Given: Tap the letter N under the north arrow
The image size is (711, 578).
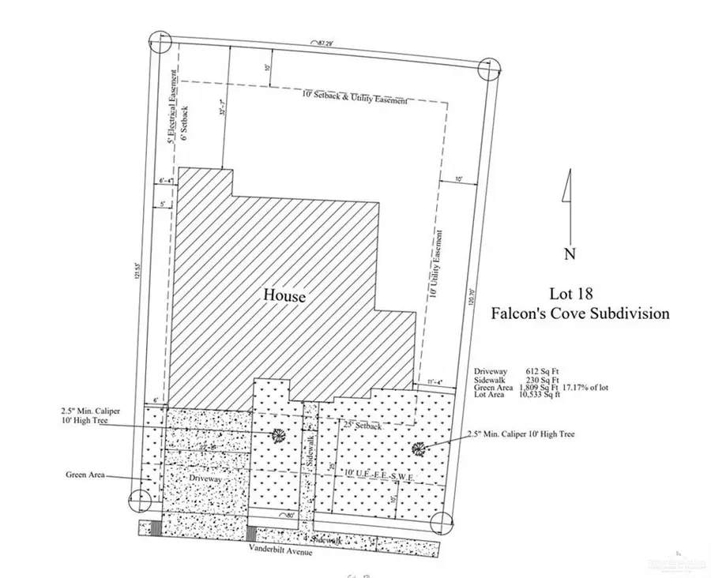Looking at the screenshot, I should point(570,253).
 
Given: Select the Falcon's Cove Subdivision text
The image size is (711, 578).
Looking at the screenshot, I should point(581,313).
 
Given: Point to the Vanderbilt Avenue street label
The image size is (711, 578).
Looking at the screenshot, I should point(281,553).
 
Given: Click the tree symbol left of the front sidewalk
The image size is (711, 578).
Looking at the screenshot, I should point(277,435).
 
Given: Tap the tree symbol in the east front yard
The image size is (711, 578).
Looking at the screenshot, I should point(419,449).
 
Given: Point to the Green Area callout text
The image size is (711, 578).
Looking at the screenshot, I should point(88,475).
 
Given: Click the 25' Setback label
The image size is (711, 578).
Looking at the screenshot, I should point(363,426).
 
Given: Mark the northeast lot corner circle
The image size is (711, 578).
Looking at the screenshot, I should point(488,69).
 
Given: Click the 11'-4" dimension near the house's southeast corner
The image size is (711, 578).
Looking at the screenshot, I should point(431,383).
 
